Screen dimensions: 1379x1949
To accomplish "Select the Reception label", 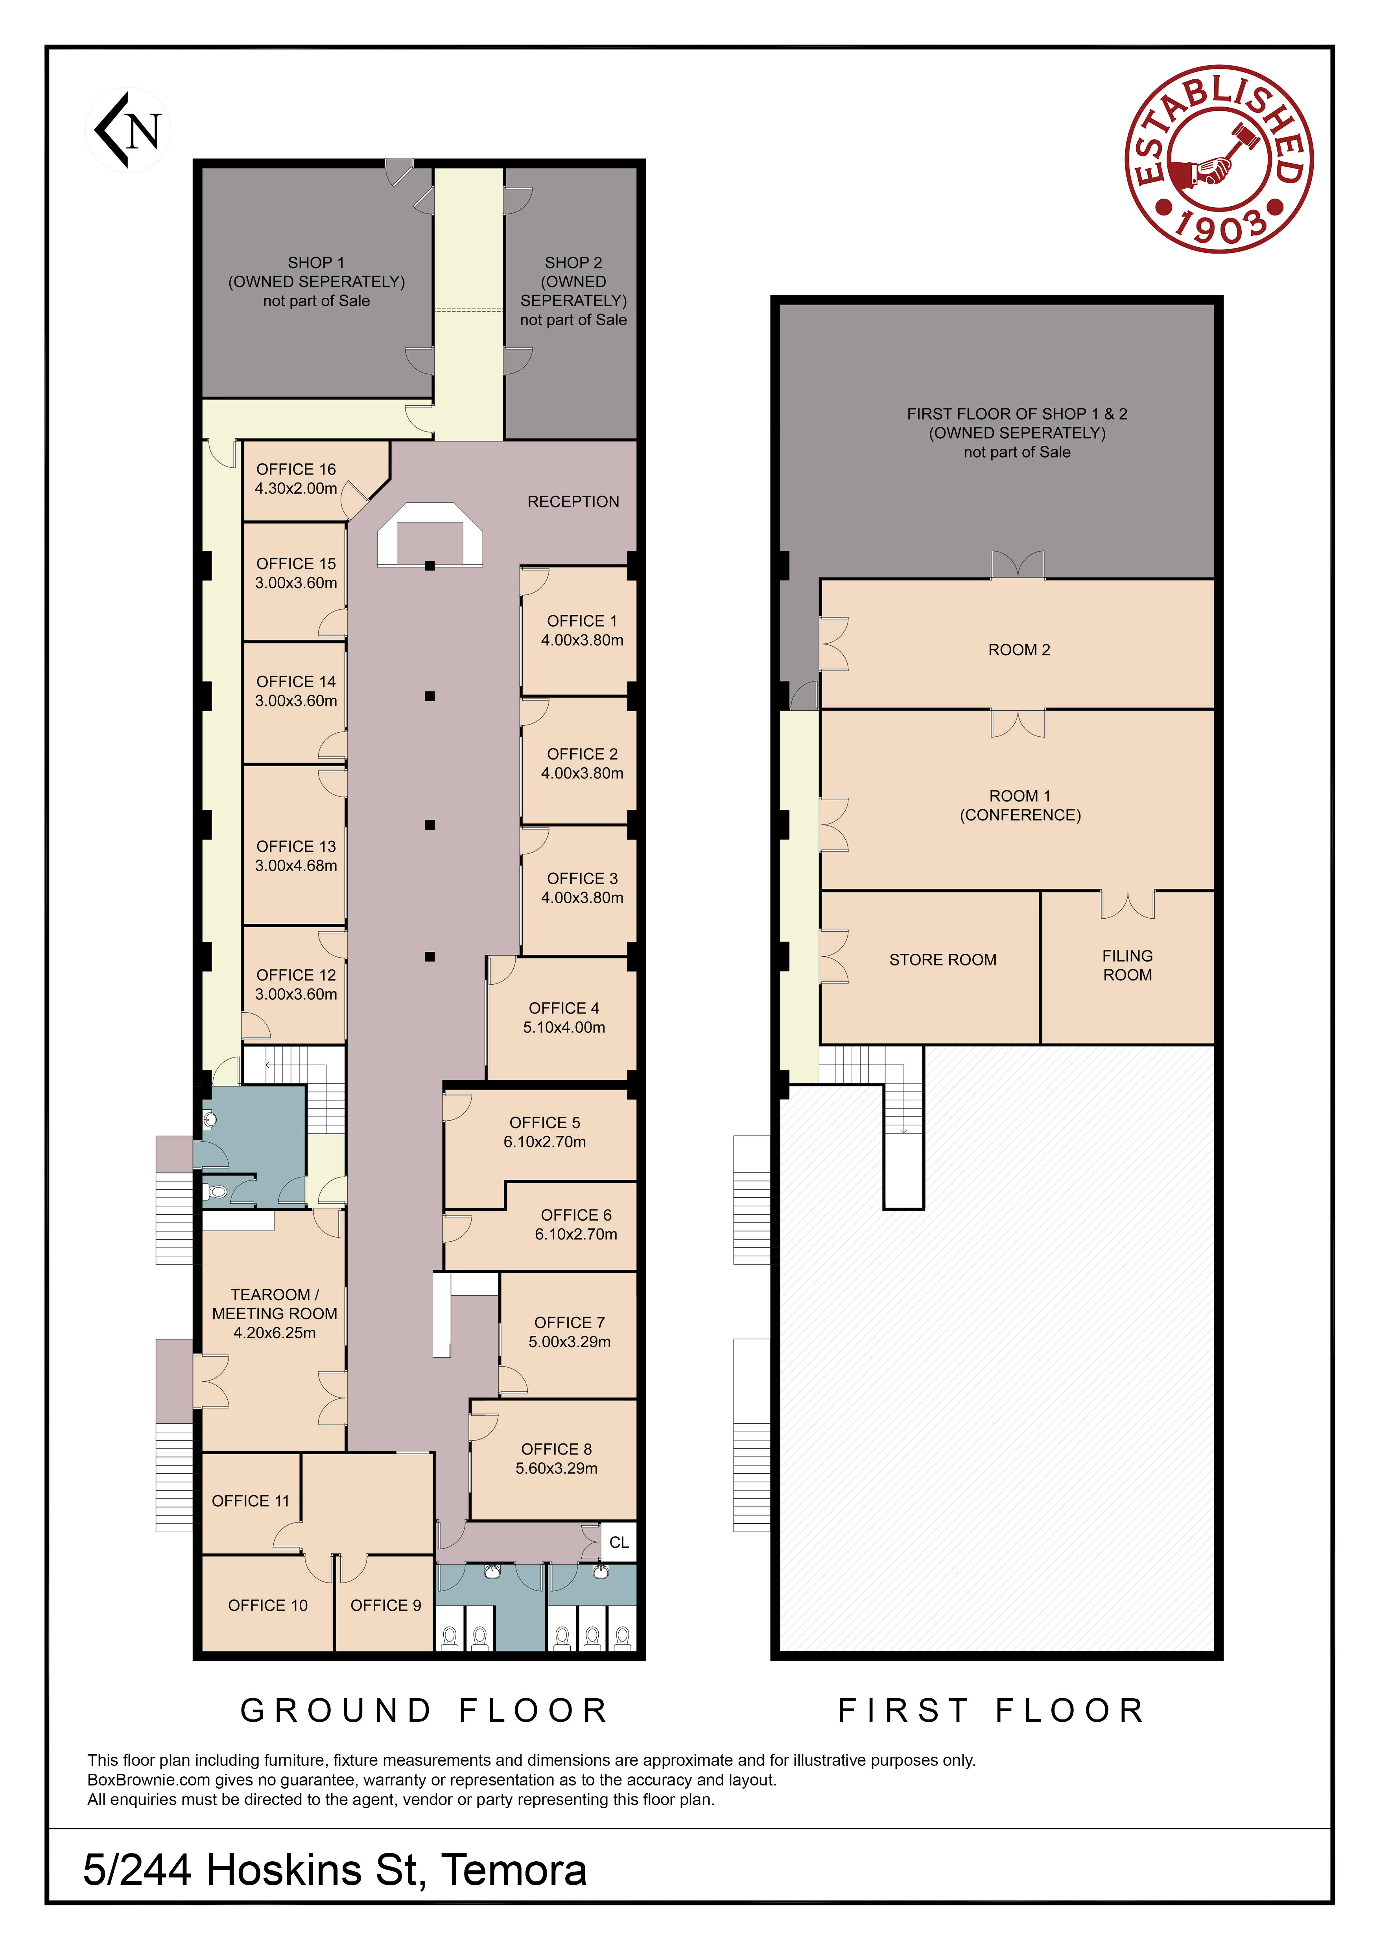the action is point(573,502).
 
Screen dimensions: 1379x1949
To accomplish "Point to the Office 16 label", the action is point(296,469).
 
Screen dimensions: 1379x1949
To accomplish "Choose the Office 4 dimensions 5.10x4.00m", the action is point(564,1027).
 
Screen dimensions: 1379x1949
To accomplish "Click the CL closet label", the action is point(619,1543).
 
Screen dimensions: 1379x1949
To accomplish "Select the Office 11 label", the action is point(251,1501).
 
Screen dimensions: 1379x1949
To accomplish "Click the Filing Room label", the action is point(1128,965).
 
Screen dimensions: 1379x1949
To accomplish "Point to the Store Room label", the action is point(942,960).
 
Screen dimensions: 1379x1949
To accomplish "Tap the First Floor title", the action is point(992,1710).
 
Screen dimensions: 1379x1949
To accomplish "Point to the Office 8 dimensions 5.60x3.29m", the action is point(556,1469).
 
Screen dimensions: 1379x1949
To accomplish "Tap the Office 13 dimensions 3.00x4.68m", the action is point(296,866).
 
